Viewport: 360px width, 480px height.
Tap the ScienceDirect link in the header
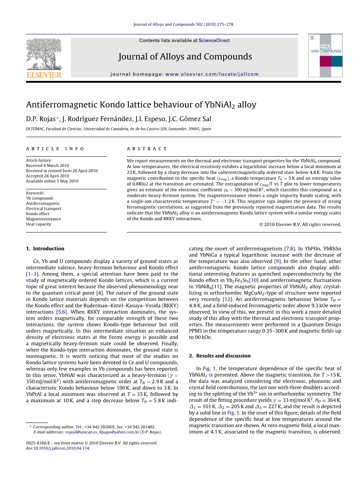tap(214, 40)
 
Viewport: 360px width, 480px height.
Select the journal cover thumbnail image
tap(325, 55)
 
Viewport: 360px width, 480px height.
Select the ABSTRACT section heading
tap(147, 149)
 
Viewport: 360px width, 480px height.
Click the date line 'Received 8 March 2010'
tap(47, 165)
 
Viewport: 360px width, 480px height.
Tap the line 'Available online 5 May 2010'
tap(52, 181)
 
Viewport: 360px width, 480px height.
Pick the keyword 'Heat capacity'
tap(38, 224)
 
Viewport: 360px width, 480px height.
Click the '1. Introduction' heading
tap(45, 249)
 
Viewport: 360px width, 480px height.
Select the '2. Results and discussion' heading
tap(220, 356)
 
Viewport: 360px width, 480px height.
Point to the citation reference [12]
tap(227, 299)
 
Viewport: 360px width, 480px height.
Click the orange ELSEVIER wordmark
tap(44, 75)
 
